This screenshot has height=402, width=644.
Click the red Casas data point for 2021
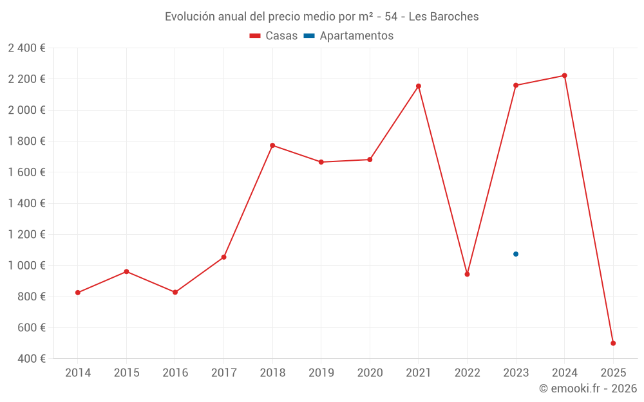coord(419,86)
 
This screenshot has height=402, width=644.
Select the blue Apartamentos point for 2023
coord(516,254)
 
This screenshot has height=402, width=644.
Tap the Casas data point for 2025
coord(613,343)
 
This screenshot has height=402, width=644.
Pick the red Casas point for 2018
coord(272,145)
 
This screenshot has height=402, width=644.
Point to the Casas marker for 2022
coord(468,275)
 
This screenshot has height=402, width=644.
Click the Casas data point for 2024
coord(565,76)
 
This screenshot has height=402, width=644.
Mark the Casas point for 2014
coord(78,293)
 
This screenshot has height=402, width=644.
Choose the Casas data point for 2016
coord(175,293)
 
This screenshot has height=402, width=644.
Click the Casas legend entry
coord(274,36)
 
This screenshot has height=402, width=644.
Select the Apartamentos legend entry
coord(348,36)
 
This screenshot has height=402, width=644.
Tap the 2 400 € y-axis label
coord(26,48)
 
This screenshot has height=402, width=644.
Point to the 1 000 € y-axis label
coord(26,266)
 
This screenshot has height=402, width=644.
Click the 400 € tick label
coord(30,359)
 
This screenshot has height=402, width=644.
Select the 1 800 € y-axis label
coord(26,142)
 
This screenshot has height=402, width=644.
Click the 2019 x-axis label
coord(321,373)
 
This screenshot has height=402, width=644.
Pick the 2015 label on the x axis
coord(126,373)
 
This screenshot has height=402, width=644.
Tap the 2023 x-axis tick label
coord(516,373)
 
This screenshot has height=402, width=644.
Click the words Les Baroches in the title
coord(444,17)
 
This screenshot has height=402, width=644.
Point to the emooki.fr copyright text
coord(588,388)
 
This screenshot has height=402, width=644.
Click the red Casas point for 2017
coord(223,257)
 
